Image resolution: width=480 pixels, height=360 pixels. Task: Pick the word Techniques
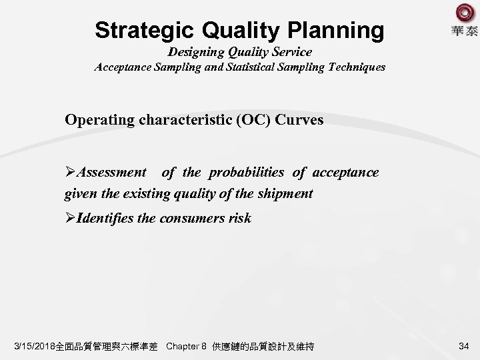point(353,67)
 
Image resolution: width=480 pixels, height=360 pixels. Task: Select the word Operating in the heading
point(97,120)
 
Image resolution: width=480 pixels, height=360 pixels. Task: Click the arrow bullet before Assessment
point(70,173)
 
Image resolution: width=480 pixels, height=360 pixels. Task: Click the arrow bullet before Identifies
point(70,218)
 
